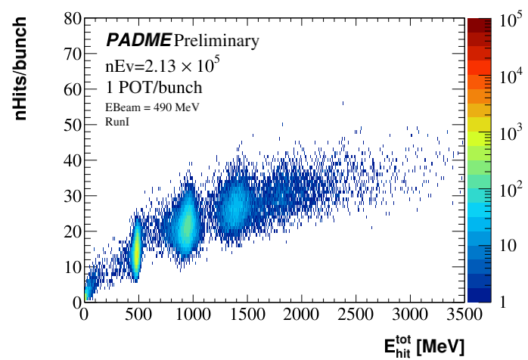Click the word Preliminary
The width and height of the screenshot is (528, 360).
tap(216, 39)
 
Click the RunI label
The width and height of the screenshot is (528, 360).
tap(115, 120)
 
